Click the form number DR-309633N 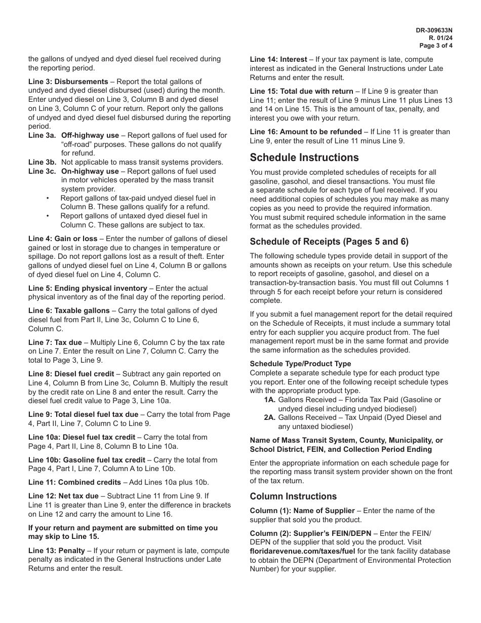(x=434, y=30)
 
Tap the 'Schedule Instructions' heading (x=304, y=157)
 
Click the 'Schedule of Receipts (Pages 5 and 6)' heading (x=329, y=242)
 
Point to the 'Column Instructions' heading (x=293, y=496)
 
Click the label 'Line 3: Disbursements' (x=68, y=82)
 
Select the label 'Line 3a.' (x=43, y=135)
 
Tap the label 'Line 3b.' (x=43, y=163)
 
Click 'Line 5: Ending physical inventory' (x=88, y=288)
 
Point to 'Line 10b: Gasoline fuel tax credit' (x=87, y=460)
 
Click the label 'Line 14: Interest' (x=278, y=59)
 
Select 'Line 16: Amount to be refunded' (x=306, y=132)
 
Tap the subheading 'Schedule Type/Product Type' (x=300, y=364)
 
